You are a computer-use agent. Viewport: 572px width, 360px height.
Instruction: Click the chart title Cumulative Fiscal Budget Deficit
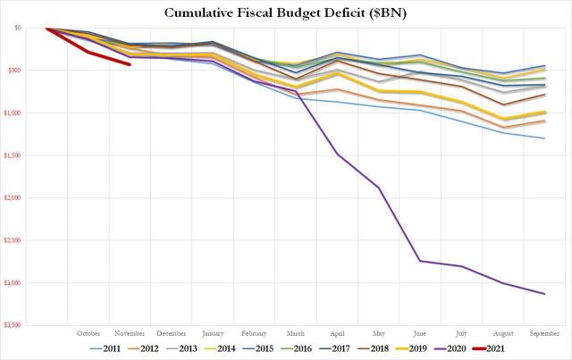286,12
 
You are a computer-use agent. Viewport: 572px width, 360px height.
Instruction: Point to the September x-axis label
545,334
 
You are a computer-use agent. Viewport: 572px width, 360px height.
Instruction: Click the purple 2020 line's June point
420,261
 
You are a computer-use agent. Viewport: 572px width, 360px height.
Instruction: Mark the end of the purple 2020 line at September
545,294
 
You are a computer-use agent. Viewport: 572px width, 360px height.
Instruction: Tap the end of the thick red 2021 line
130,64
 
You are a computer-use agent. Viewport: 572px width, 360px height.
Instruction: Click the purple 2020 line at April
337,154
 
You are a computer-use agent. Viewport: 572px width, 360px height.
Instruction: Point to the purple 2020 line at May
379,188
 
